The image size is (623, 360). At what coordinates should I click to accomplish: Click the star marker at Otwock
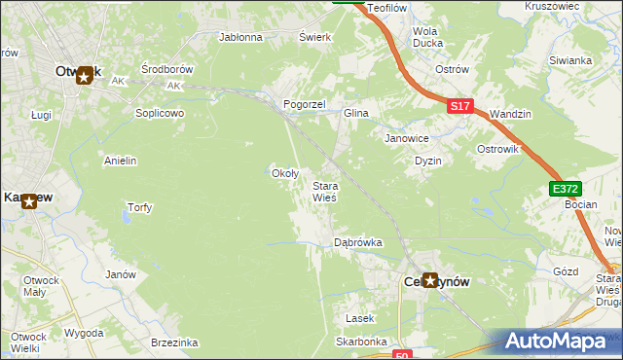pyautogui.click(x=85, y=73)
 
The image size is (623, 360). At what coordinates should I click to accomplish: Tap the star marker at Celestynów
pyautogui.click(x=429, y=280)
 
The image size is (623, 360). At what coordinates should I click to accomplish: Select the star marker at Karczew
pyautogui.click(x=29, y=201)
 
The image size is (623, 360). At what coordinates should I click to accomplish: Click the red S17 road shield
pyautogui.click(x=461, y=106)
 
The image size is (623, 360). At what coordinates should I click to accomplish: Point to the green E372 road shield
pyautogui.click(x=564, y=189)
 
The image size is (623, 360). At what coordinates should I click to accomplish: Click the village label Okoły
pyautogui.click(x=283, y=173)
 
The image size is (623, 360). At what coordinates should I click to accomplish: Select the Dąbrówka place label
pyautogui.click(x=357, y=241)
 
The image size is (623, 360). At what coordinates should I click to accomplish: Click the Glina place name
pyautogui.click(x=355, y=114)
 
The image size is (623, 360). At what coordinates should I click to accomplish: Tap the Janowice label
pyautogui.click(x=407, y=139)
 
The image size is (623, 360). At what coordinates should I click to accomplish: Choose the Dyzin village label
pyautogui.click(x=428, y=161)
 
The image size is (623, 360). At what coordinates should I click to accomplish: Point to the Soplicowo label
pyautogui.click(x=160, y=113)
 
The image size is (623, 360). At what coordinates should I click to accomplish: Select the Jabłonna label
pyautogui.click(x=241, y=38)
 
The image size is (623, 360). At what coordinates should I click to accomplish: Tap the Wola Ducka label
pyautogui.click(x=427, y=37)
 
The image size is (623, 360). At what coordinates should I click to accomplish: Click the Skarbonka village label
pyautogui.click(x=361, y=342)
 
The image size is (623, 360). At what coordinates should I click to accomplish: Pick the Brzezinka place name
pyautogui.click(x=175, y=342)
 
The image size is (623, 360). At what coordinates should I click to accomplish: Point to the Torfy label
pyautogui.click(x=139, y=207)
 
